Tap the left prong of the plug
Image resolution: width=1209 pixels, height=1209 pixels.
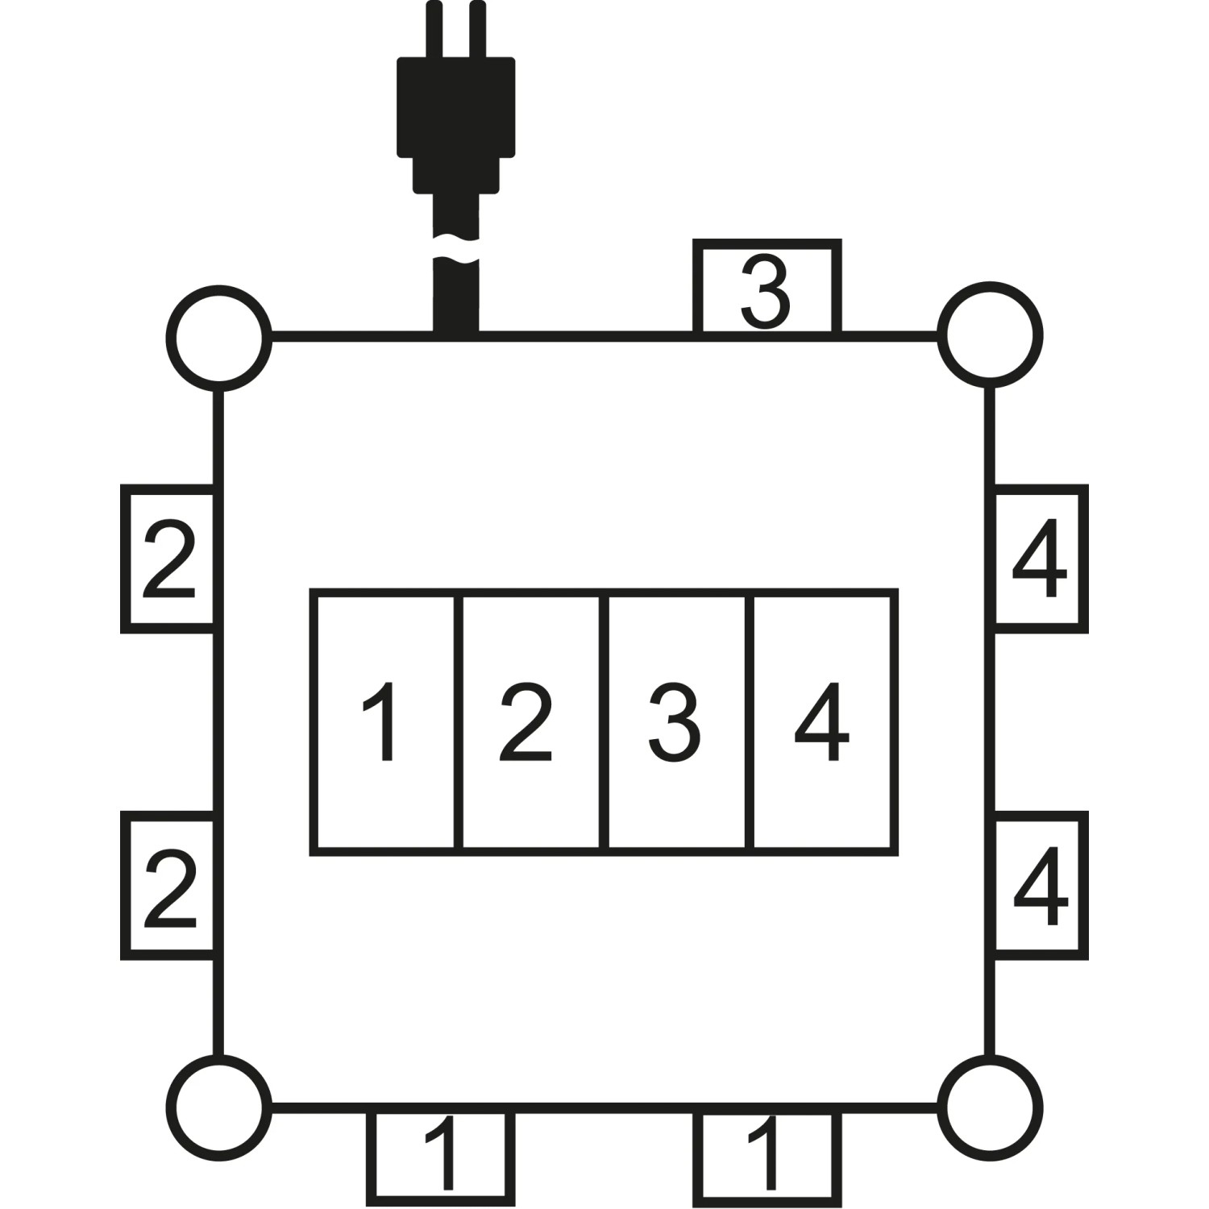point(435,29)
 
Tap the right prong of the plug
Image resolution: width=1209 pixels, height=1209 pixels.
point(477,29)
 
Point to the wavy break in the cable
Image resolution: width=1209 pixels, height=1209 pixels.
point(456,249)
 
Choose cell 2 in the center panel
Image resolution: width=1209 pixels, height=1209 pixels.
point(531,722)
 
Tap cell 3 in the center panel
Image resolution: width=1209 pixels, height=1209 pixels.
point(677,722)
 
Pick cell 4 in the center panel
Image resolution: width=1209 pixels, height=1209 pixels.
point(824,722)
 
